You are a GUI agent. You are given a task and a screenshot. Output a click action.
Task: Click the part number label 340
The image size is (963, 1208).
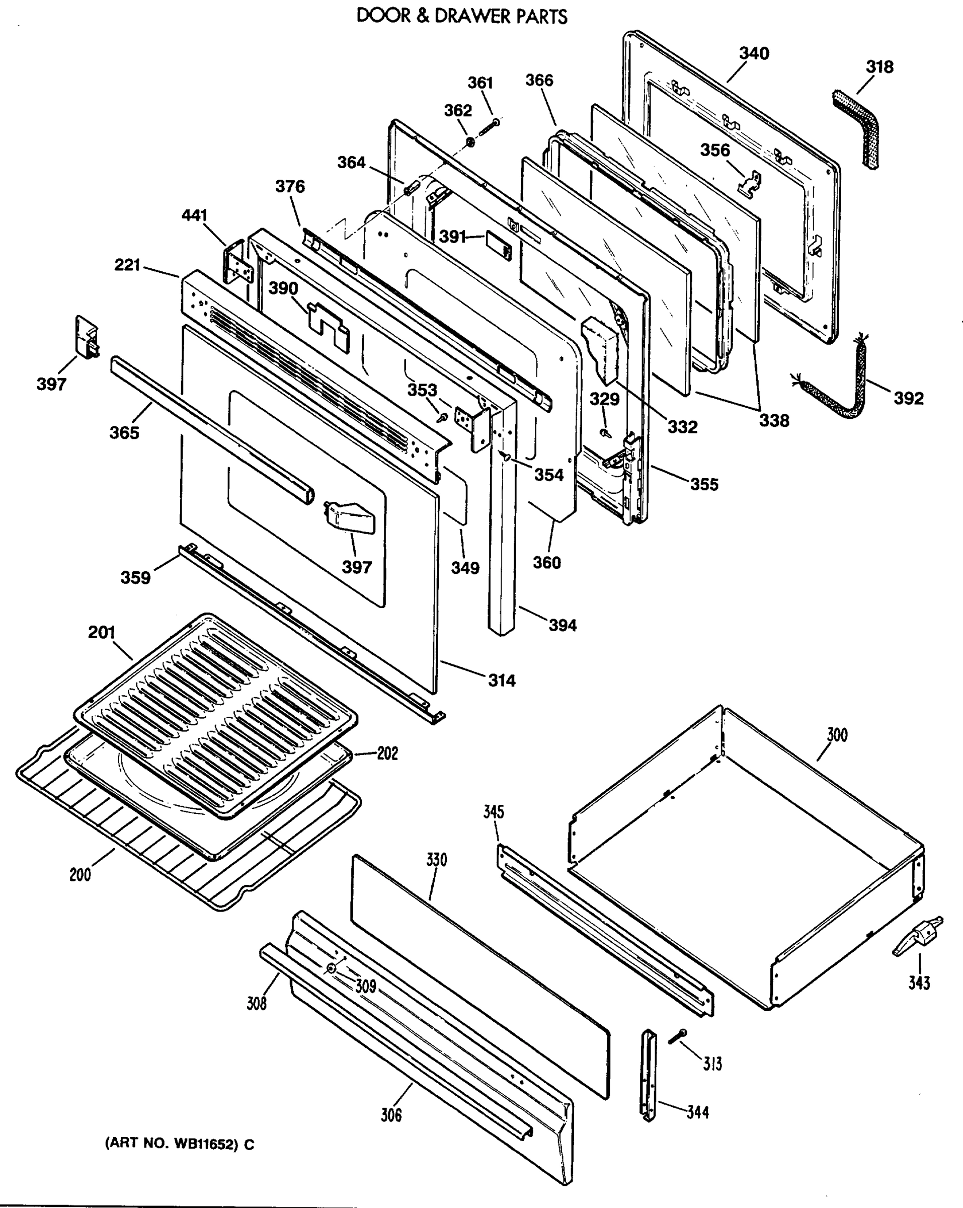pos(754,54)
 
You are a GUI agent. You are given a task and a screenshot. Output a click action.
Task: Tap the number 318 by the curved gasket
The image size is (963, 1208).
pos(879,67)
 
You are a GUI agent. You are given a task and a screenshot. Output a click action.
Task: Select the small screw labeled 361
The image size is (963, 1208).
pos(490,125)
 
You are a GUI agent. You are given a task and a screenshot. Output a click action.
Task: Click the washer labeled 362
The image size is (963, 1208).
pos(470,141)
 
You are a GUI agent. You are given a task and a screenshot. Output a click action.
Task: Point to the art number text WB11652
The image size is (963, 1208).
pos(203,1144)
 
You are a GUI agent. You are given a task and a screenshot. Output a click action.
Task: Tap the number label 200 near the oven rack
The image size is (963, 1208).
pos(80,874)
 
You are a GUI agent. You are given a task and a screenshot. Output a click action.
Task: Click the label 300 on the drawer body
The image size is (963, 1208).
pos(837,734)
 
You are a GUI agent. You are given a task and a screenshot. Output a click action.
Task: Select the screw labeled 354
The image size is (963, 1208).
pos(507,457)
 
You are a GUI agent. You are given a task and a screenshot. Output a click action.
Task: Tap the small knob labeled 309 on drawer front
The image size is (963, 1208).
pos(332,969)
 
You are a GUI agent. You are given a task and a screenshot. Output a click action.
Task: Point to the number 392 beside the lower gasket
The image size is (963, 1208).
pos(908,398)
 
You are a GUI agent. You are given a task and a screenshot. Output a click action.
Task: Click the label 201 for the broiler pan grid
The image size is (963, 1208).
pos(102,632)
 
